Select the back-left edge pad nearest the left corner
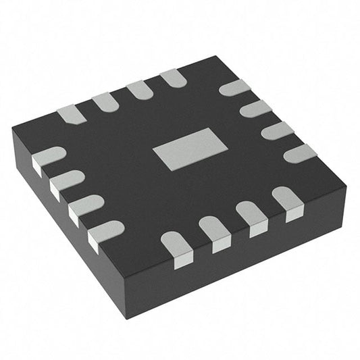[x=71, y=114]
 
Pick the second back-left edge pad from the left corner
[x=105, y=102]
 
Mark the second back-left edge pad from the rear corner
[x=139, y=90]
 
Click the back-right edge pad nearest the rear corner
[x=234, y=87]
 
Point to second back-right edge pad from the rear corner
[x=255, y=108]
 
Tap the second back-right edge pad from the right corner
[x=277, y=130]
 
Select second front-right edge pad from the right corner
[x=252, y=217]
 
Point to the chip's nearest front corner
[x=127, y=316]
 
